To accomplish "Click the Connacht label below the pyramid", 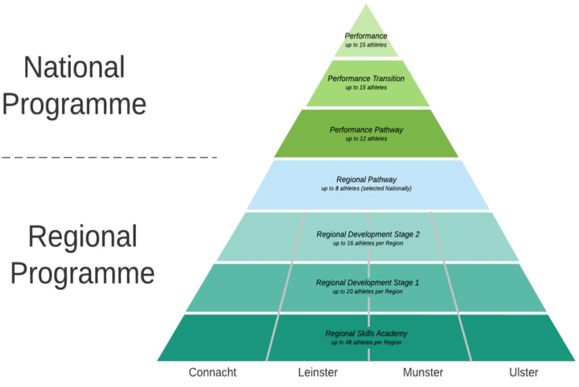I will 213,372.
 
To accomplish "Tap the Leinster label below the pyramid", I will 318,372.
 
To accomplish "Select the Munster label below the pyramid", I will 423,372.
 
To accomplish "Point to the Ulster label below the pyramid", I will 523,372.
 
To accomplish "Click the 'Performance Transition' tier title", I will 366,79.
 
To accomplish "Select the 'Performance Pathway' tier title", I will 366,130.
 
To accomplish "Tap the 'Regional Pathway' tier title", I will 366,180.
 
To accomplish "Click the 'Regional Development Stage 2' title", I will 368,234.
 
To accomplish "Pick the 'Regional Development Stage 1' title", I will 367,283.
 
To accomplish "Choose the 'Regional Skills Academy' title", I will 366,333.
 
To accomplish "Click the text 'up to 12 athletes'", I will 366,139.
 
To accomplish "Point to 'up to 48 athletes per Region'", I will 366,343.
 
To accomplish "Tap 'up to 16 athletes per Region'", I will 368,243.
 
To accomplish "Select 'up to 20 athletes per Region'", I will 367,292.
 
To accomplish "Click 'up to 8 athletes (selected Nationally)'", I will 366,189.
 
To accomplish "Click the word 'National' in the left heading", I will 74,68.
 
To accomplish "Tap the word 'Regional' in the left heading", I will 82,237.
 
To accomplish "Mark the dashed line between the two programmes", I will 109,157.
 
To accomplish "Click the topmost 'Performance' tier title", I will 366,36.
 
